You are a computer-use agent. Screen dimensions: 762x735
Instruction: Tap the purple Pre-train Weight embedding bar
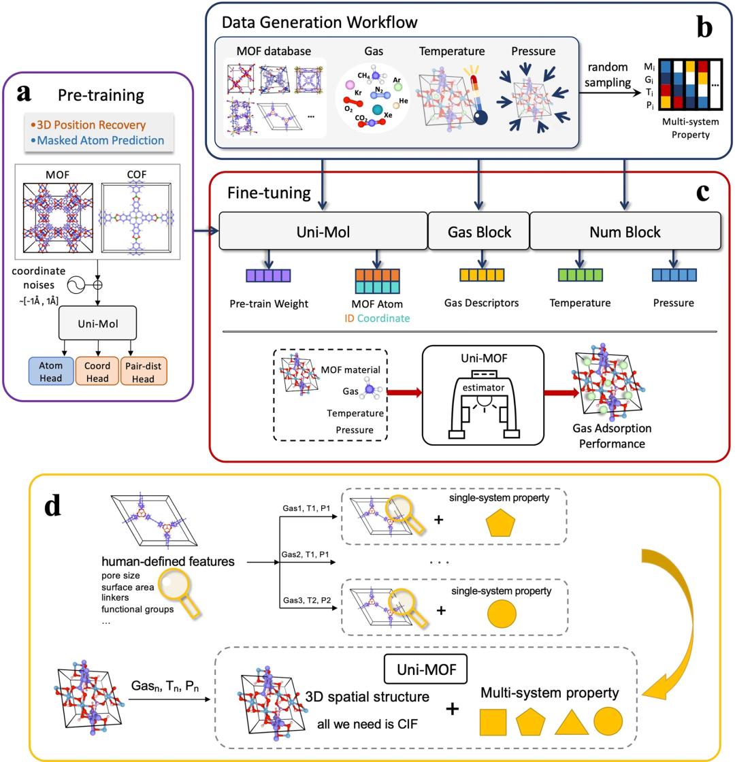(268, 276)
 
